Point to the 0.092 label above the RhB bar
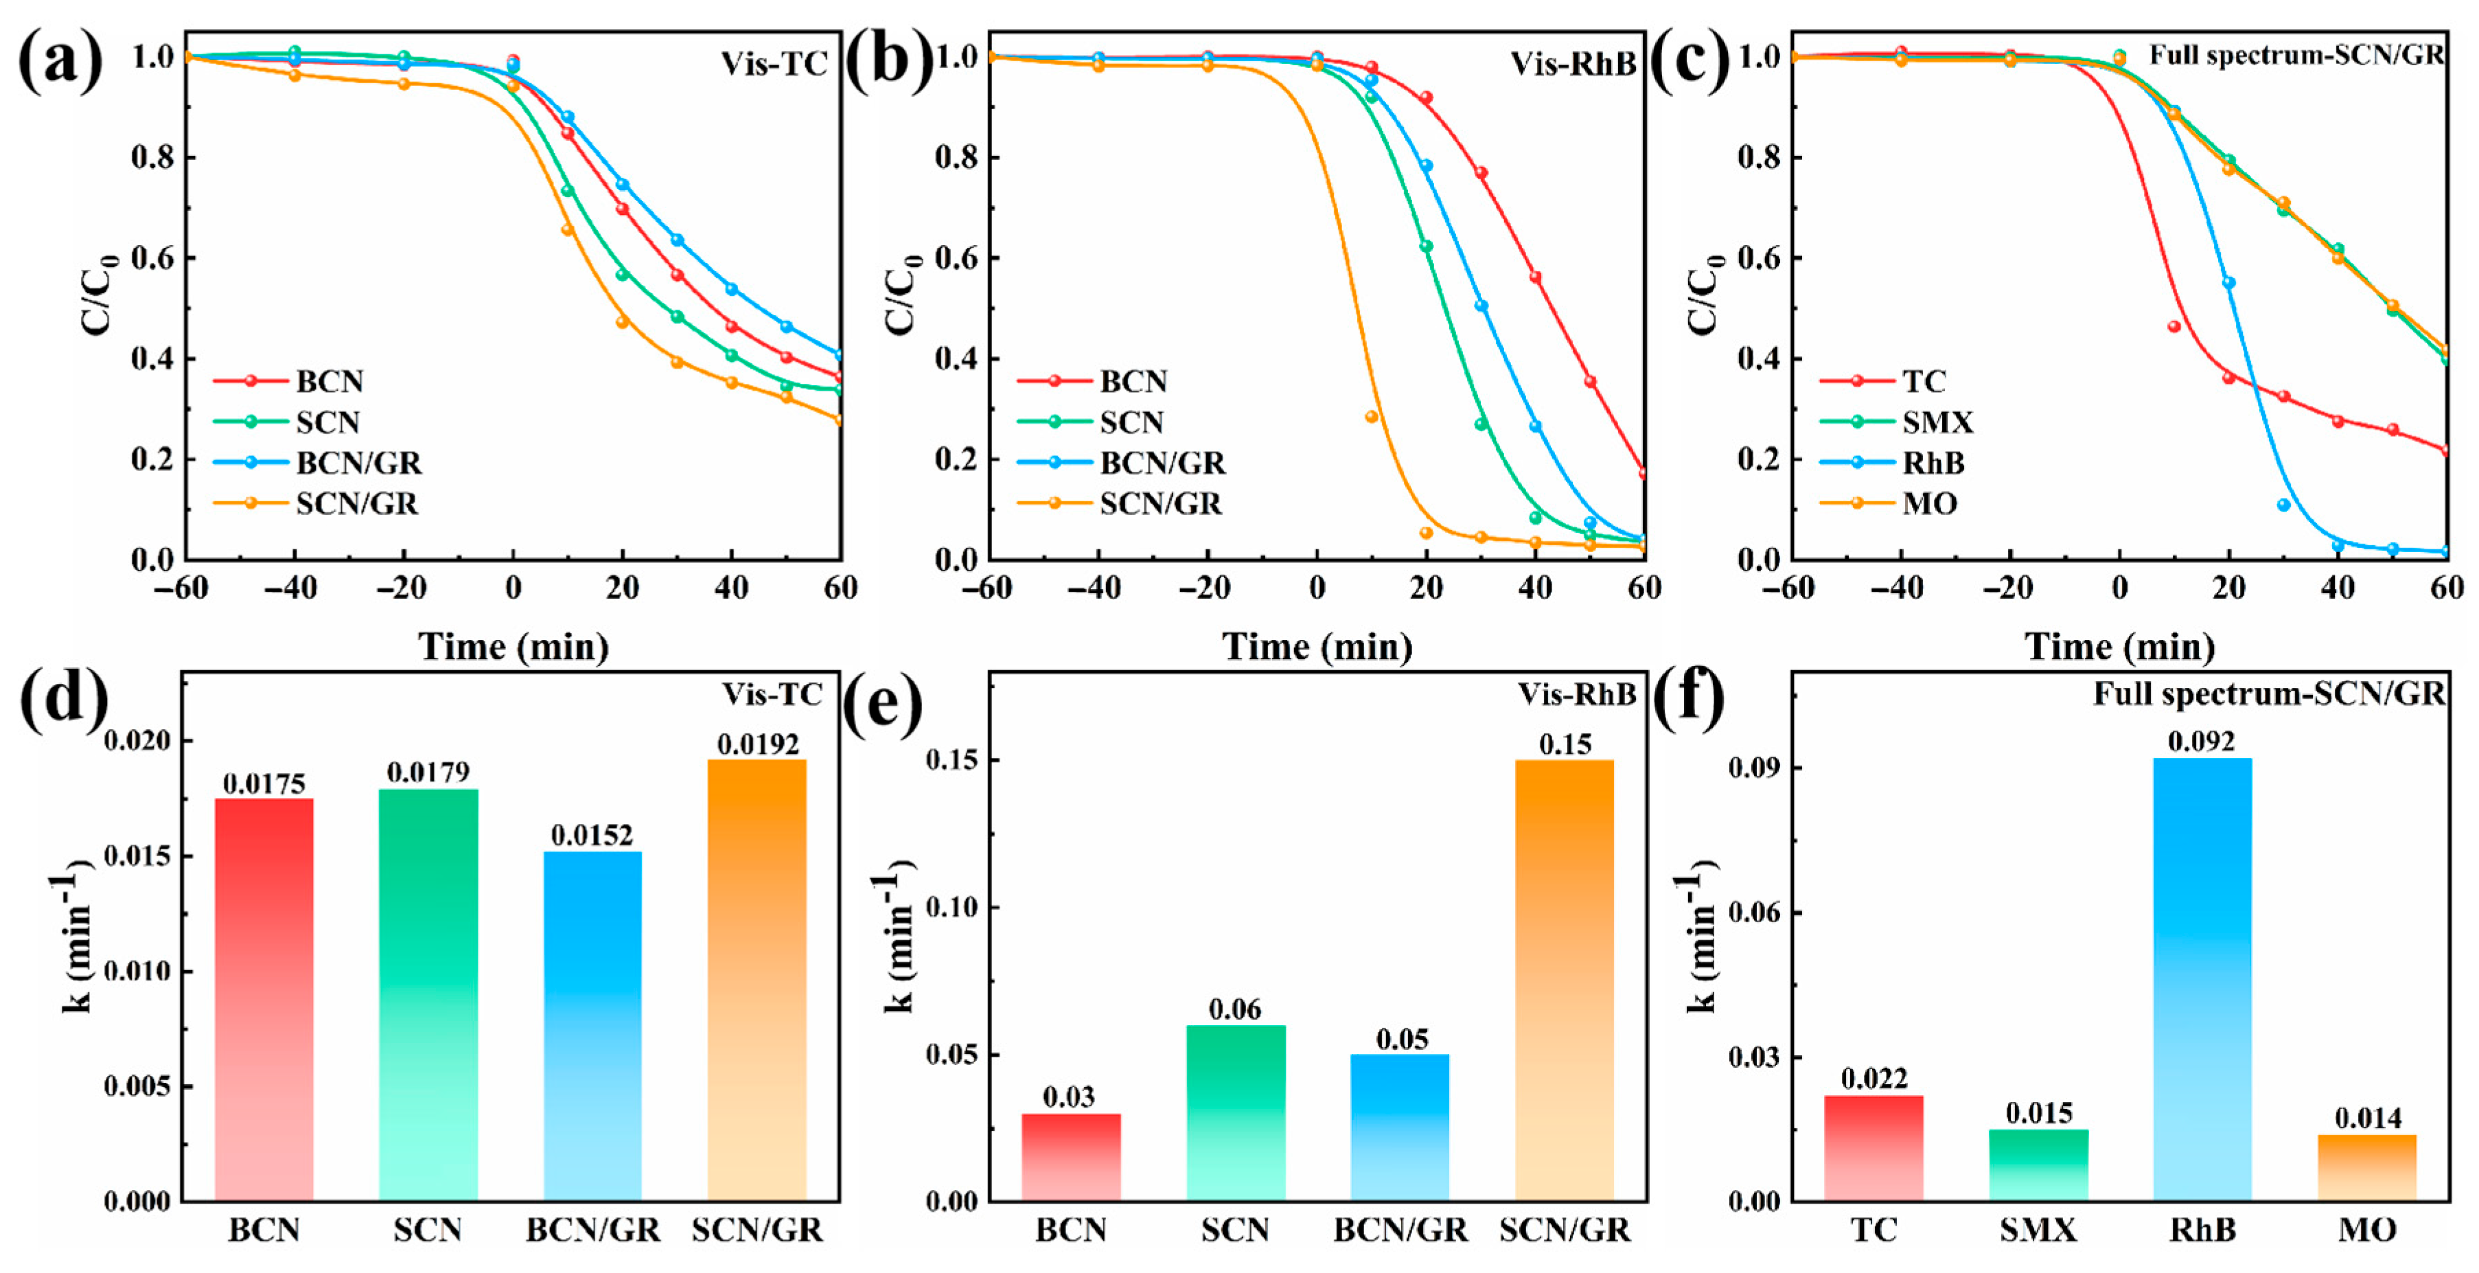(2201, 741)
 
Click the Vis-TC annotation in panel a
(774, 63)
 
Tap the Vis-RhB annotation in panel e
(1576, 693)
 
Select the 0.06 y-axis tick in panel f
(1749, 912)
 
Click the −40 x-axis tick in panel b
(1095, 588)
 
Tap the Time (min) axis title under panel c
(2119, 645)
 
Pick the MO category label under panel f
(2366, 1230)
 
